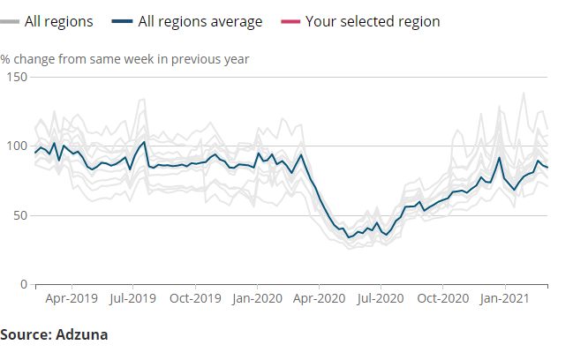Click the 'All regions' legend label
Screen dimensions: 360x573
pyautogui.click(x=58, y=21)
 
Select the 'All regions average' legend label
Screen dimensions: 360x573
pyautogui.click(x=200, y=21)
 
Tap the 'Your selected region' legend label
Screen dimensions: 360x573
pyautogui.click(x=372, y=21)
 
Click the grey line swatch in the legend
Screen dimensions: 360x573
pyautogui.click(x=11, y=21)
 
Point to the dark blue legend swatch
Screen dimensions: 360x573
pyautogui.click(x=123, y=21)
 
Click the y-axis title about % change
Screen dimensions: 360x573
pyautogui.click(x=124, y=60)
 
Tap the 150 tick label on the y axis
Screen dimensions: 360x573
pyautogui.click(x=16, y=78)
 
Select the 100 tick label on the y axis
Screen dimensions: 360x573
pyautogui.click(x=16, y=146)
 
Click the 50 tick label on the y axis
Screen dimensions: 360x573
pyautogui.click(x=19, y=215)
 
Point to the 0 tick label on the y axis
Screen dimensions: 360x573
pyautogui.click(x=23, y=284)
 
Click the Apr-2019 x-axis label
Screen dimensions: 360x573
pyautogui.click(x=70, y=299)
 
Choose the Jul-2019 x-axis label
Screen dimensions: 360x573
pyautogui.click(x=132, y=299)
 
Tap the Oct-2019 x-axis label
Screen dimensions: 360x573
pyautogui.click(x=195, y=299)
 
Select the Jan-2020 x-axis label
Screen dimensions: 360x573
pyautogui.click(x=257, y=299)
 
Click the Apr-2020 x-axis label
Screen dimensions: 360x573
pyautogui.click(x=319, y=299)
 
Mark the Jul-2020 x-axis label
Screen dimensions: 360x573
pyautogui.click(x=381, y=299)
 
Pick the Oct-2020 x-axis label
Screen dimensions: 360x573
pyautogui.click(x=443, y=299)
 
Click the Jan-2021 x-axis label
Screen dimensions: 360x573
pyautogui.click(x=505, y=299)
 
